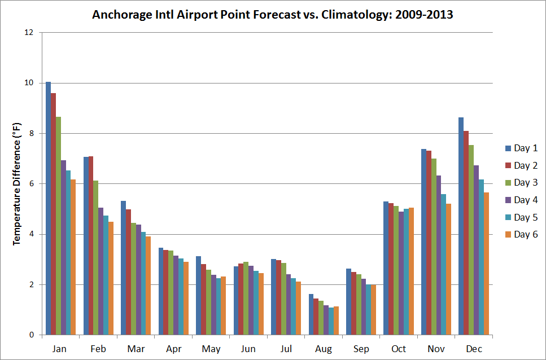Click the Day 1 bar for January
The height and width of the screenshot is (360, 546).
(49, 209)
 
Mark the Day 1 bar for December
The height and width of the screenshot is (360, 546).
(461, 226)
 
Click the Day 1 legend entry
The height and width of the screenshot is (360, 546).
(521, 148)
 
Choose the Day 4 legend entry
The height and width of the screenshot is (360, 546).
(521, 200)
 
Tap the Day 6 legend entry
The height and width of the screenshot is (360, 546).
(521, 235)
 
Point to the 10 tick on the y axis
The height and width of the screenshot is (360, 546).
(29, 83)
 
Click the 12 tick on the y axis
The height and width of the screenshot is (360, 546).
(29, 33)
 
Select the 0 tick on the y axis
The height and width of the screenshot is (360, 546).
(32, 335)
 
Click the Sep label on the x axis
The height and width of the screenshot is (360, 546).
(361, 349)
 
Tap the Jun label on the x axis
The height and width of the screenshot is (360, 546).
(248, 349)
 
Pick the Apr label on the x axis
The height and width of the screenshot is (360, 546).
(173, 349)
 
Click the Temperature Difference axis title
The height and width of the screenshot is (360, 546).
(16, 184)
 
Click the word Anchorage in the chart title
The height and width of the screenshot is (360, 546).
(119, 15)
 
